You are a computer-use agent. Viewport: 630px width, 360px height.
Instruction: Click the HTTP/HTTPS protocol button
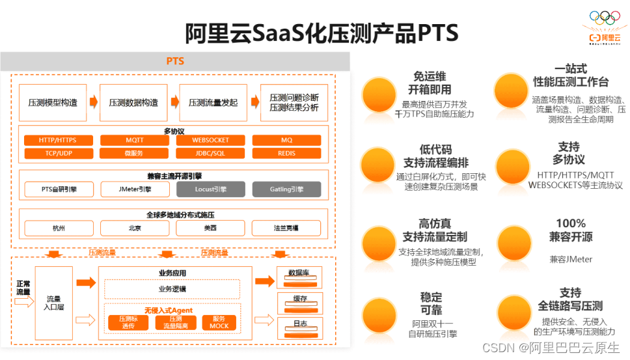(x=57, y=140)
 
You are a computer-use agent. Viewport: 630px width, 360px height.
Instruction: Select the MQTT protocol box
(x=134, y=140)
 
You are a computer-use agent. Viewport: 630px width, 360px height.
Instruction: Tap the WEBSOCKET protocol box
(x=210, y=140)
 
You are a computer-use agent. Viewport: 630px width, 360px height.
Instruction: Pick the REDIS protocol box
(x=286, y=154)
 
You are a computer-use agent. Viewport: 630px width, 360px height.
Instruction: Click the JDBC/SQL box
(x=210, y=154)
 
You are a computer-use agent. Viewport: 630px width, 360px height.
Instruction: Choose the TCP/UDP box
(x=57, y=154)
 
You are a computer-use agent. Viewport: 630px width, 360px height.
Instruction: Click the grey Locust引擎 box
(x=210, y=189)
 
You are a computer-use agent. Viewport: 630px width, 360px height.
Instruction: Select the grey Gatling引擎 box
(x=286, y=189)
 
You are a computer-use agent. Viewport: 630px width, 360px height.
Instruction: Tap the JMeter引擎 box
(x=134, y=189)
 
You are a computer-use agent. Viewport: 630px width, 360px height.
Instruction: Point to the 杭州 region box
(x=59, y=228)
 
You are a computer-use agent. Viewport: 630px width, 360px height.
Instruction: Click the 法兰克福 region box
(x=286, y=228)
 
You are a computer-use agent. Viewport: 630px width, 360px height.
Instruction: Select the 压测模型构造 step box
(x=52, y=103)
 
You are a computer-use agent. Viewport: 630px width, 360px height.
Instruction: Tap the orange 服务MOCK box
(x=219, y=322)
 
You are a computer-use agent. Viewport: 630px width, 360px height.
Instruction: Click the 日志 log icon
(x=300, y=324)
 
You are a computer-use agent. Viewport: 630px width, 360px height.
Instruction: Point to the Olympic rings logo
(x=605, y=18)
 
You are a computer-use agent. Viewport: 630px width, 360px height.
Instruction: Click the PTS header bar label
(x=175, y=61)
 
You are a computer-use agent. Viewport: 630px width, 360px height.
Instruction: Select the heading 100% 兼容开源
(x=570, y=230)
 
